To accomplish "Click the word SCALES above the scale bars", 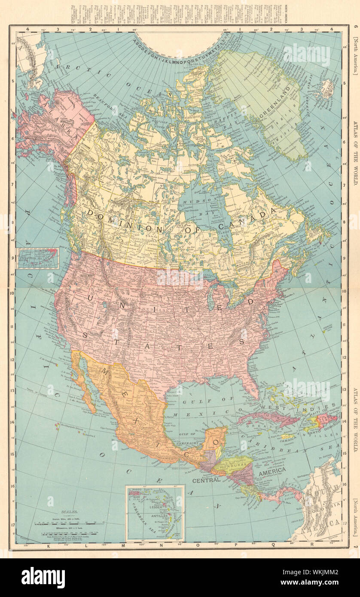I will (69, 512).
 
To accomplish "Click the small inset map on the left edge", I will (38, 259).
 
